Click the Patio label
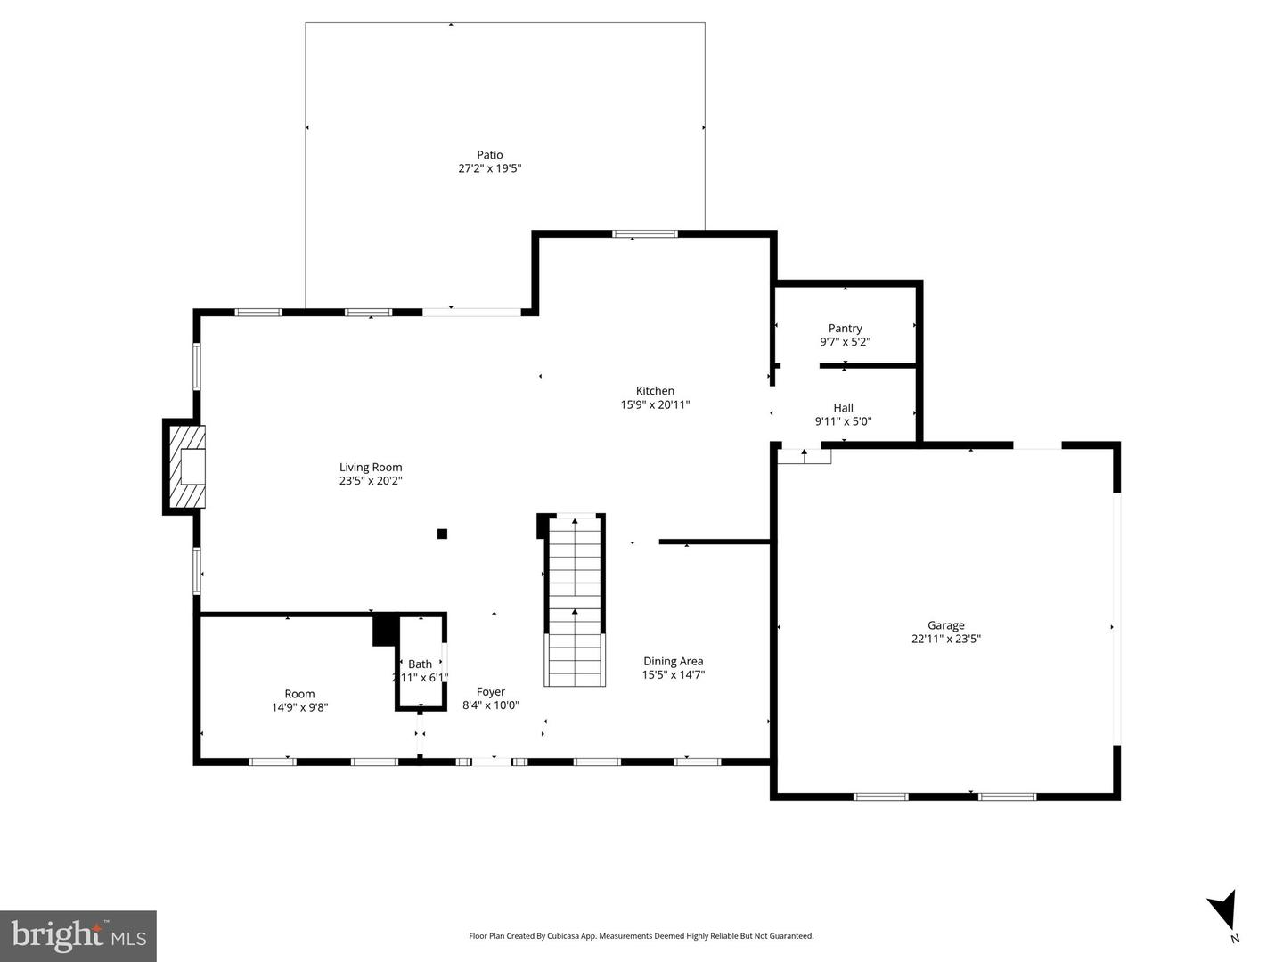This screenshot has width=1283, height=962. [489, 155]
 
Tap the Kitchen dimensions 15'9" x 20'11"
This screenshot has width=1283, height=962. [655, 404]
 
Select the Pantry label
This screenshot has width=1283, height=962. [845, 329]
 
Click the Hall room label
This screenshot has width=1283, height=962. [843, 408]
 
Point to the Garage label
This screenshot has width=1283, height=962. [945, 625]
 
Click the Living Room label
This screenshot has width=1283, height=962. [371, 467]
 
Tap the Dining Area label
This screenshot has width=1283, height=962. [673, 661]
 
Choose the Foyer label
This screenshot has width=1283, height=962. [490, 691]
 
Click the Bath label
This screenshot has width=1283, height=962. [420, 664]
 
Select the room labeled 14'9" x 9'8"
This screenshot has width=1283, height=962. [299, 701]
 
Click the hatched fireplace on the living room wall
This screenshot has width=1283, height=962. [185, 466]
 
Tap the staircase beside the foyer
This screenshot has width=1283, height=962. [575, 601]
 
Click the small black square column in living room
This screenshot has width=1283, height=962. [442, 534]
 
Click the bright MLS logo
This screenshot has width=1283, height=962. [78, 935]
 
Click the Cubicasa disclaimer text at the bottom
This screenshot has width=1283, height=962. [641, 936]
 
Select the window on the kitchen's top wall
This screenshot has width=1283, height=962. [645, 234]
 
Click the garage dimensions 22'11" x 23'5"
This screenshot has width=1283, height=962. [945, 639]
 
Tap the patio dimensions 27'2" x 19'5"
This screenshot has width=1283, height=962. [489, 168]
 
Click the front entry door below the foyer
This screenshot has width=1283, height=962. [491, 762]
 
